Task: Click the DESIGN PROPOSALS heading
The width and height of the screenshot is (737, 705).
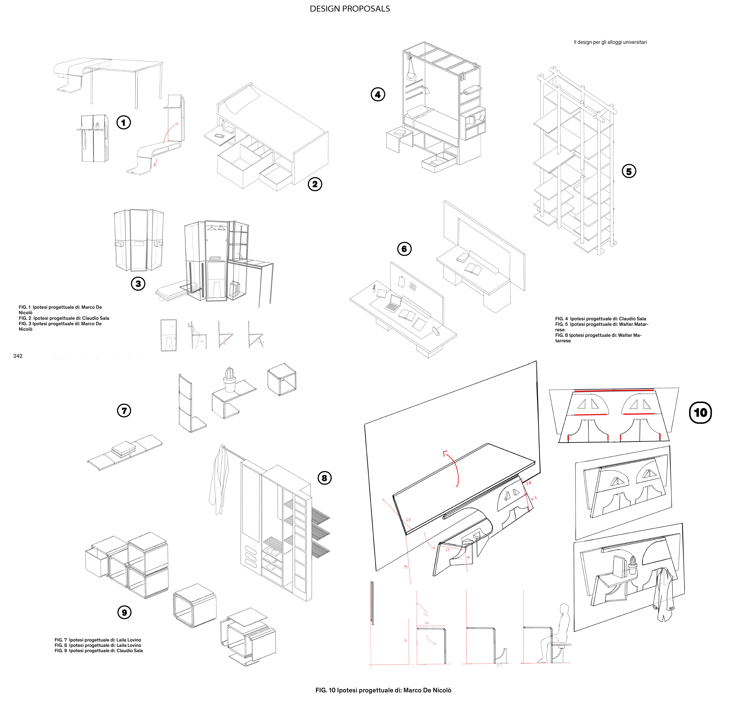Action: [350, 9]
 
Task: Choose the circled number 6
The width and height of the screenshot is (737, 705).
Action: [404, 249]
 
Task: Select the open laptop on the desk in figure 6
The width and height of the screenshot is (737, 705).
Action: [393, 303]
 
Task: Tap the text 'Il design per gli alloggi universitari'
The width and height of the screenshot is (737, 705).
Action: [610, 42]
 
